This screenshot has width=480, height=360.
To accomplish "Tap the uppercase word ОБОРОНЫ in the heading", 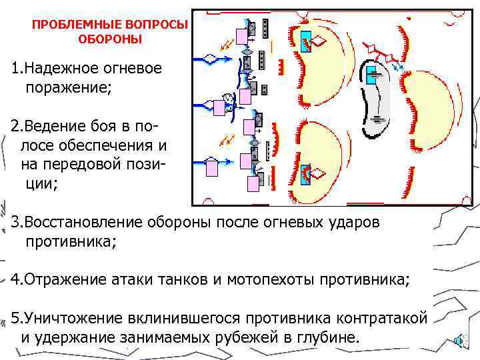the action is [111, 39].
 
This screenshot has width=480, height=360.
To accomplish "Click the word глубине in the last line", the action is [327, 337].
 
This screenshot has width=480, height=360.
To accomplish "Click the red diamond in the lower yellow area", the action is [319, 174].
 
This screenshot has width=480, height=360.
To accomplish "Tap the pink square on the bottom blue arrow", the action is [212, 167].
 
